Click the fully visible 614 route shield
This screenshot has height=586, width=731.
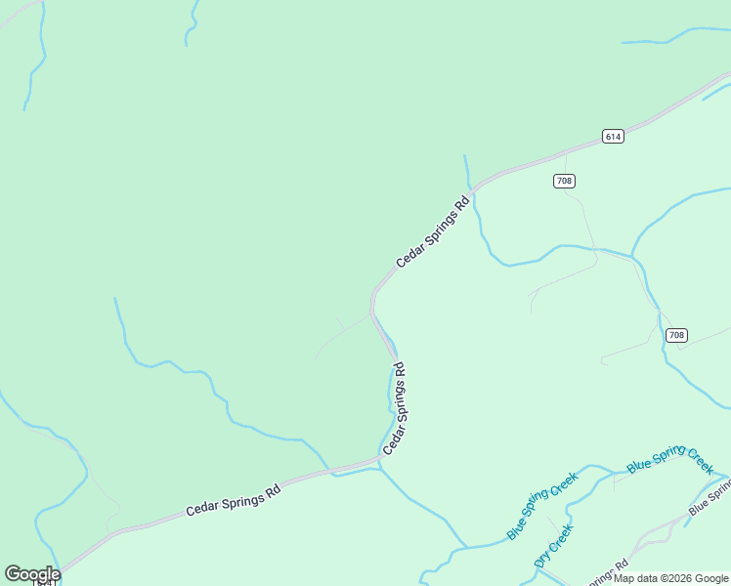pos(613,136)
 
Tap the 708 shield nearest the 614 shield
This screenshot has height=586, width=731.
pos(564,181)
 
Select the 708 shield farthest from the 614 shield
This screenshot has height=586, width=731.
pos(676,335)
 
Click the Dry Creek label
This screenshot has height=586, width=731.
pos(553,546)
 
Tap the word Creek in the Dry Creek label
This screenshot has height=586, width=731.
pos(559,538)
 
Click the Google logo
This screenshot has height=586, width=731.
pos(32,573)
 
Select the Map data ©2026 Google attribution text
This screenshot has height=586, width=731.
pos(671,578)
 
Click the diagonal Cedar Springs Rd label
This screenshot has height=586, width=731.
pos(433,232)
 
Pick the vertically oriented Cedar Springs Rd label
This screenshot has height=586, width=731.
pos(394,408)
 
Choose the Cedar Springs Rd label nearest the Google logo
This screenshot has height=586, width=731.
pos(234,498)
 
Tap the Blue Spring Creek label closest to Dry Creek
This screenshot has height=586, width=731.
pos(542,506)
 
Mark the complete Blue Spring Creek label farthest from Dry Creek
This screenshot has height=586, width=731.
pos(670,460)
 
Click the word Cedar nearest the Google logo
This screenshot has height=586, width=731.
pos(202,506)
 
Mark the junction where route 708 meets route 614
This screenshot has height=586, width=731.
pos(566,153)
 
